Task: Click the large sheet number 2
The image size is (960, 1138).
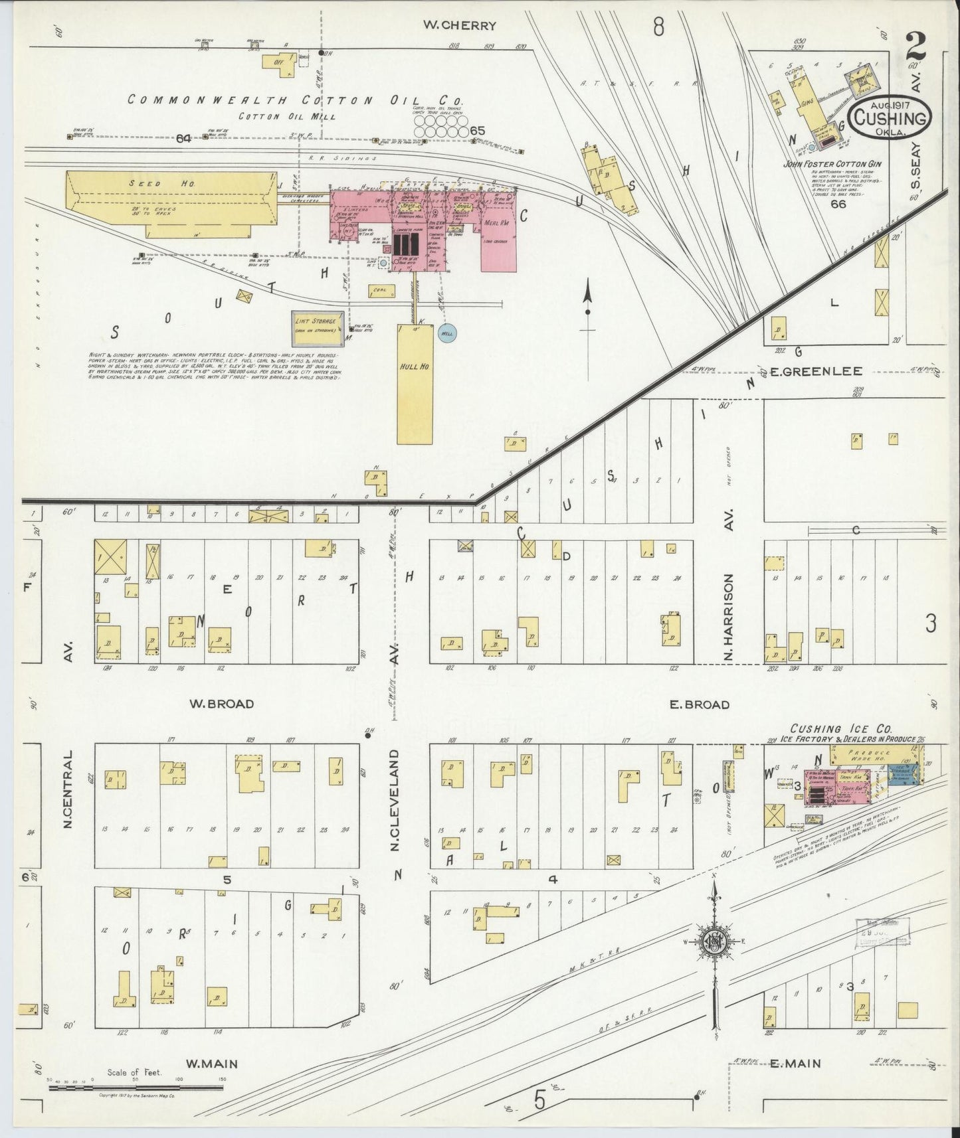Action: [x=915, y=46]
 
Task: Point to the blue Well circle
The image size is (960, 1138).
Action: [x=446, y=334]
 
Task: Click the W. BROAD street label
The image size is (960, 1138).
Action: [x=222, y=704]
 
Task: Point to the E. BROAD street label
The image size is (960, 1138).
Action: [x=699, y=704]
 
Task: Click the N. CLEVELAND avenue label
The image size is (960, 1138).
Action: [x=394, y=800]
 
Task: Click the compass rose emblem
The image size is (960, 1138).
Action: [x=713, y=941]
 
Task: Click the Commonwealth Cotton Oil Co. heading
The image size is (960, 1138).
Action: [x=296, y=100]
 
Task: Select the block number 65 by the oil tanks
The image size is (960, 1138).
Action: [x=477, y=131]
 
